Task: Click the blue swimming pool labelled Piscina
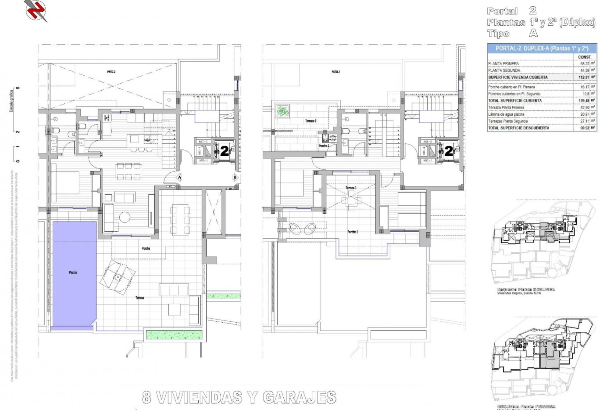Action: (x=75, y=272)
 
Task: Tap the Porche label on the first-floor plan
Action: (x=146, y=249)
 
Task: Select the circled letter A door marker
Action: (x=180, y=177)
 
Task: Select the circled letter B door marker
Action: (x=235, y=177)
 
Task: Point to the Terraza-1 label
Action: (x=351, y=188)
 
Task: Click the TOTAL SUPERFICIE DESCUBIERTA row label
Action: (x=518, y=128)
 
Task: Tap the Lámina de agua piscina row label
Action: (x=506, y=114)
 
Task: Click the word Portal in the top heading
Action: (x=502, y=12)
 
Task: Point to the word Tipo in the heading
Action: (x=498, y=34)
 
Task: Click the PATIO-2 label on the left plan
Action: (x=111, y=72)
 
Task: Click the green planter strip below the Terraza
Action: (x=174, y=335)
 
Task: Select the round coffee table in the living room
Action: (x=124, y=217)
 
